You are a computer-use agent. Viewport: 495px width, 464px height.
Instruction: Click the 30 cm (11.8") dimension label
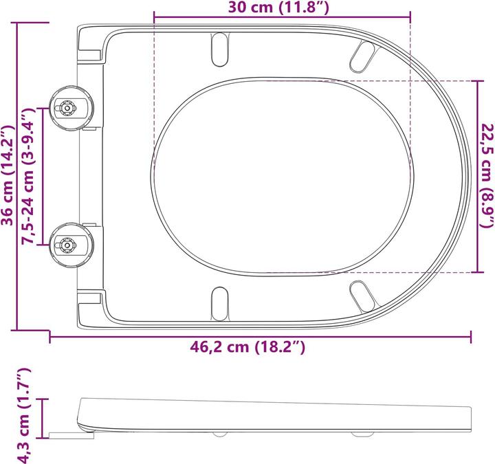coord(282,8)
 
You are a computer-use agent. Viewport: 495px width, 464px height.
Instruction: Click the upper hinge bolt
coord(67,108)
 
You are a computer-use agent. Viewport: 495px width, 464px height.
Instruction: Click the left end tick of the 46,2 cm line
coord(50,336)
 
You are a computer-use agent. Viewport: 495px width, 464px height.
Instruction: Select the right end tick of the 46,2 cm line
coord(471,336)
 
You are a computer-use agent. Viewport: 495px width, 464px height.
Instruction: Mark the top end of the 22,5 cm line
coord(476,80)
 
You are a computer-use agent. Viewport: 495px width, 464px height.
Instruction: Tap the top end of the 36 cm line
coord(16,22)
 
